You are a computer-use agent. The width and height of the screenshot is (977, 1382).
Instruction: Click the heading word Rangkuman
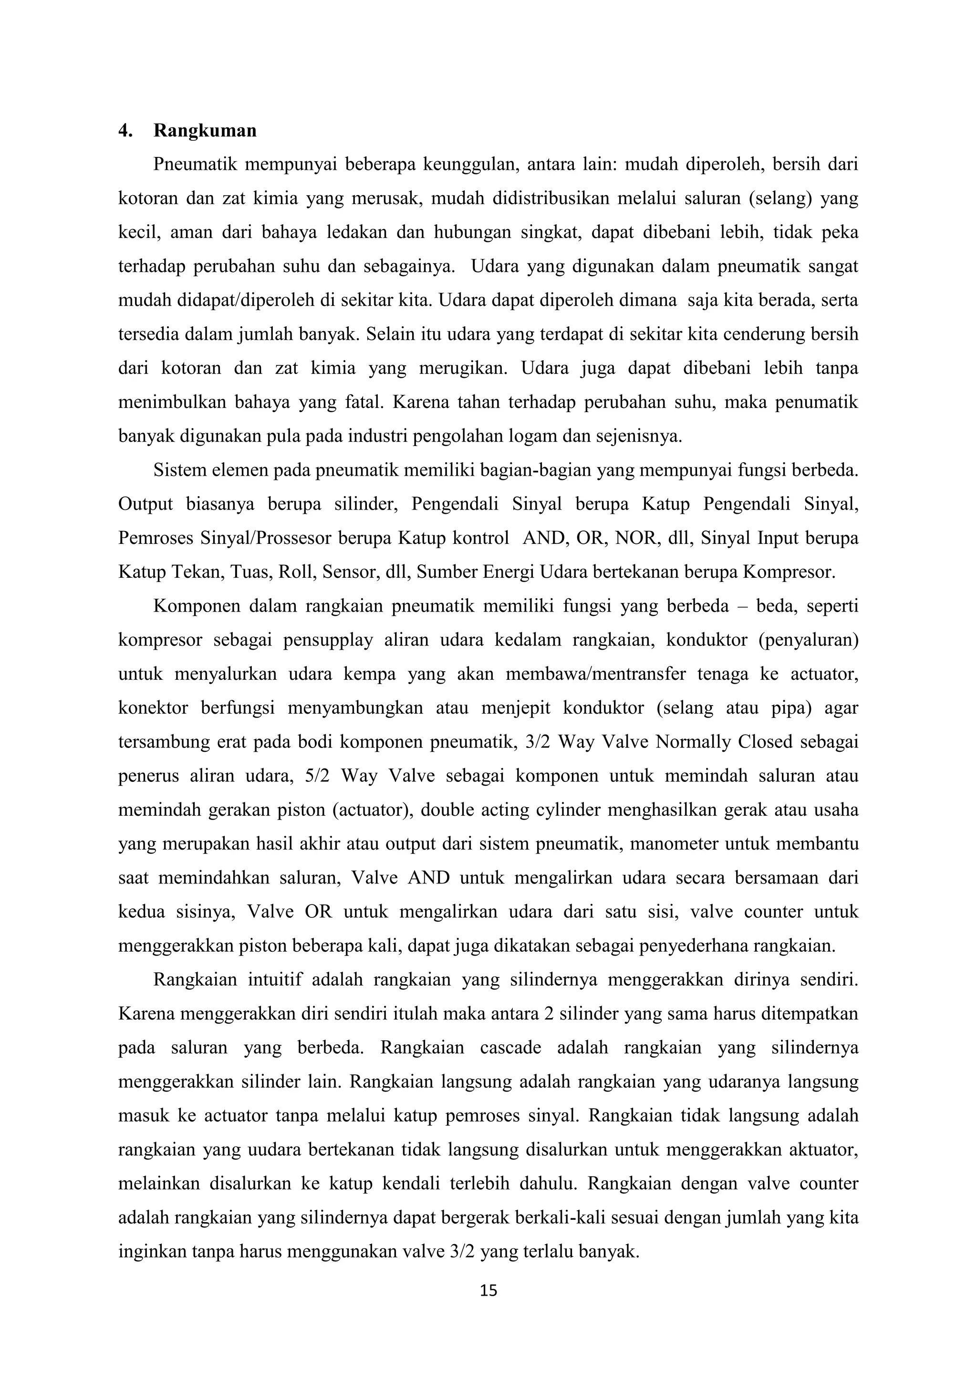(x=205, y=131)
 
